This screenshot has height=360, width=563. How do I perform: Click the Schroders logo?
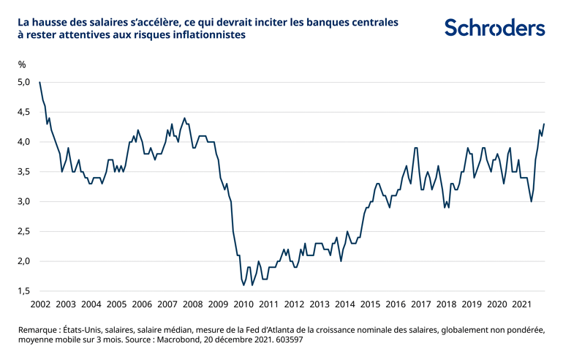494,28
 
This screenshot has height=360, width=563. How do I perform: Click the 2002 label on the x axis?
39,304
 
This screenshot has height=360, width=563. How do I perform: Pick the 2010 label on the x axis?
243,304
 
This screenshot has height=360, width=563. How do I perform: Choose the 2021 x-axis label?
522,304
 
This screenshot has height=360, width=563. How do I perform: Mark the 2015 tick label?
370,304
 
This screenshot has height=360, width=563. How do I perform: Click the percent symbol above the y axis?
22,63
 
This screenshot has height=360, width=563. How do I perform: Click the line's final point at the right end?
544,124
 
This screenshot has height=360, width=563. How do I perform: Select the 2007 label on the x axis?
167,304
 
